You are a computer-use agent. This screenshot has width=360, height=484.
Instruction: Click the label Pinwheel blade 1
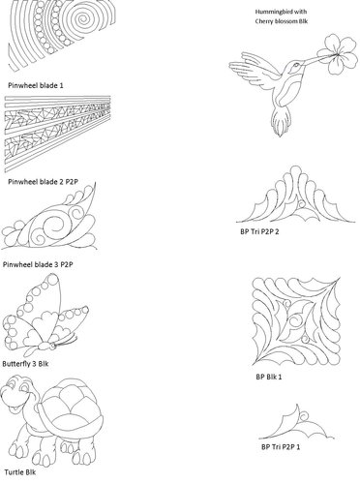pos(35,86)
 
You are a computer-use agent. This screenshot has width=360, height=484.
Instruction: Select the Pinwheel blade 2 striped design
pos(58,136)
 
